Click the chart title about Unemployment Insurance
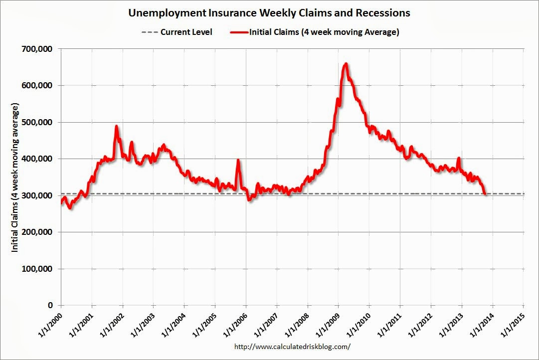tap(269, 12)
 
